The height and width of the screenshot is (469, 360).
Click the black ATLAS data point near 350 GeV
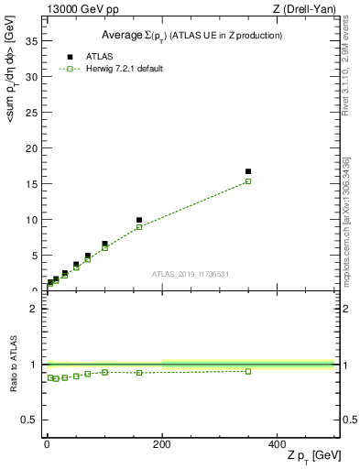[248, 171]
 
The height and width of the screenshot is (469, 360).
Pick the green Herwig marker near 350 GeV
[248, 181]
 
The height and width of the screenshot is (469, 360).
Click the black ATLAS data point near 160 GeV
[139, 220]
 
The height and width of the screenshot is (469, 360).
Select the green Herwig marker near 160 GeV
[139, 227]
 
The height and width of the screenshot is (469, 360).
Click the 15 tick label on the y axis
[34, 184]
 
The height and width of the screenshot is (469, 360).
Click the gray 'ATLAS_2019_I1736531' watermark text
[191, 274]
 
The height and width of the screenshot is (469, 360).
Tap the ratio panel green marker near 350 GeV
[248, 371]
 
